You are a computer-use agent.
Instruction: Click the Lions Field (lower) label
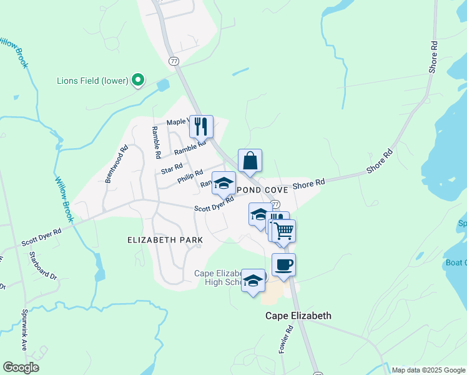click(x=92, y=81)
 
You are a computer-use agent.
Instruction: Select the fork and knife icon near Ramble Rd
click(x=201, y=126)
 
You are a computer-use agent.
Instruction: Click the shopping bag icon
click(x=250, y=160)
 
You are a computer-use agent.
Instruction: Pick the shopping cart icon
click(x=284, y=231)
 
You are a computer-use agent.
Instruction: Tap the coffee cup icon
click(x=283, y=264)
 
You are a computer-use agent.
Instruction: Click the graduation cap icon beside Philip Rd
click(x=224, y=182)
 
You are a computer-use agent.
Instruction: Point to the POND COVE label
click(x=262, y=189)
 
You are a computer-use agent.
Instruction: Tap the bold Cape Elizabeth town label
click(x=298, y=316)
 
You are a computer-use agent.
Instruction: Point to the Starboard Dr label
click(x=42, y=267)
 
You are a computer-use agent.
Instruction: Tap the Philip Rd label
click(x=190, y=177)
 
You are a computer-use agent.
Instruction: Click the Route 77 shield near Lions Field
click(x=174, y=61)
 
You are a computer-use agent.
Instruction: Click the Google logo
click(x=20, y=367)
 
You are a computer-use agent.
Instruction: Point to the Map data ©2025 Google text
click(x=428, y=370)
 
